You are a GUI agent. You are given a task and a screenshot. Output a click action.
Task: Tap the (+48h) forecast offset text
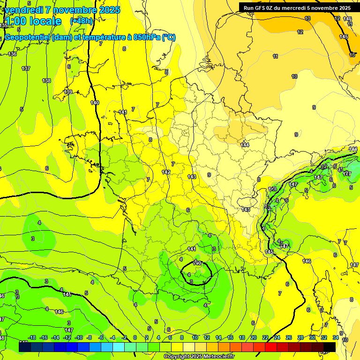[x=82, y=21]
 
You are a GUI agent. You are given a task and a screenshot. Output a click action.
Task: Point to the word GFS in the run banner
[x=261, y=8]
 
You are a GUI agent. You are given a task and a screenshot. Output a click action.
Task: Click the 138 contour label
[x=46, y=81]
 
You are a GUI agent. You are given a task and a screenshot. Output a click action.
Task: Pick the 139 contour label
[x=68, y=92]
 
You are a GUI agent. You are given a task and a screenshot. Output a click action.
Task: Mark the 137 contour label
[x=26, y=68]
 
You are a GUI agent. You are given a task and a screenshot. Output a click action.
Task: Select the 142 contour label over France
[x=166, y=172]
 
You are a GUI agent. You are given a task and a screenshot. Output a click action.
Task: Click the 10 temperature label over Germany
[x=294, y=76]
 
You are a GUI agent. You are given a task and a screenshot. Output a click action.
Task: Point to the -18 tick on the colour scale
[x=32, y=337]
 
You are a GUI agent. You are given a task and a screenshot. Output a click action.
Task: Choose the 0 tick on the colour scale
[x=135, y=337]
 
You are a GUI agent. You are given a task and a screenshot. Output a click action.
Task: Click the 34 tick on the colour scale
[x=336, y=337]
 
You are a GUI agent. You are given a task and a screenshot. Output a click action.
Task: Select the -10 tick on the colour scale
[x=79, y=337]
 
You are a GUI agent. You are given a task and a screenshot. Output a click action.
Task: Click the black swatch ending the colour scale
[x=329, y=347]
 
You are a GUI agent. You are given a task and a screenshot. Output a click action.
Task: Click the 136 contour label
[x=12, y=54]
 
